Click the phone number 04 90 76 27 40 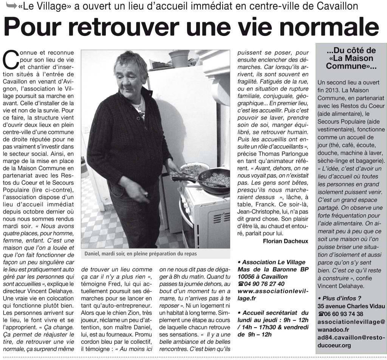tap(263, 284)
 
